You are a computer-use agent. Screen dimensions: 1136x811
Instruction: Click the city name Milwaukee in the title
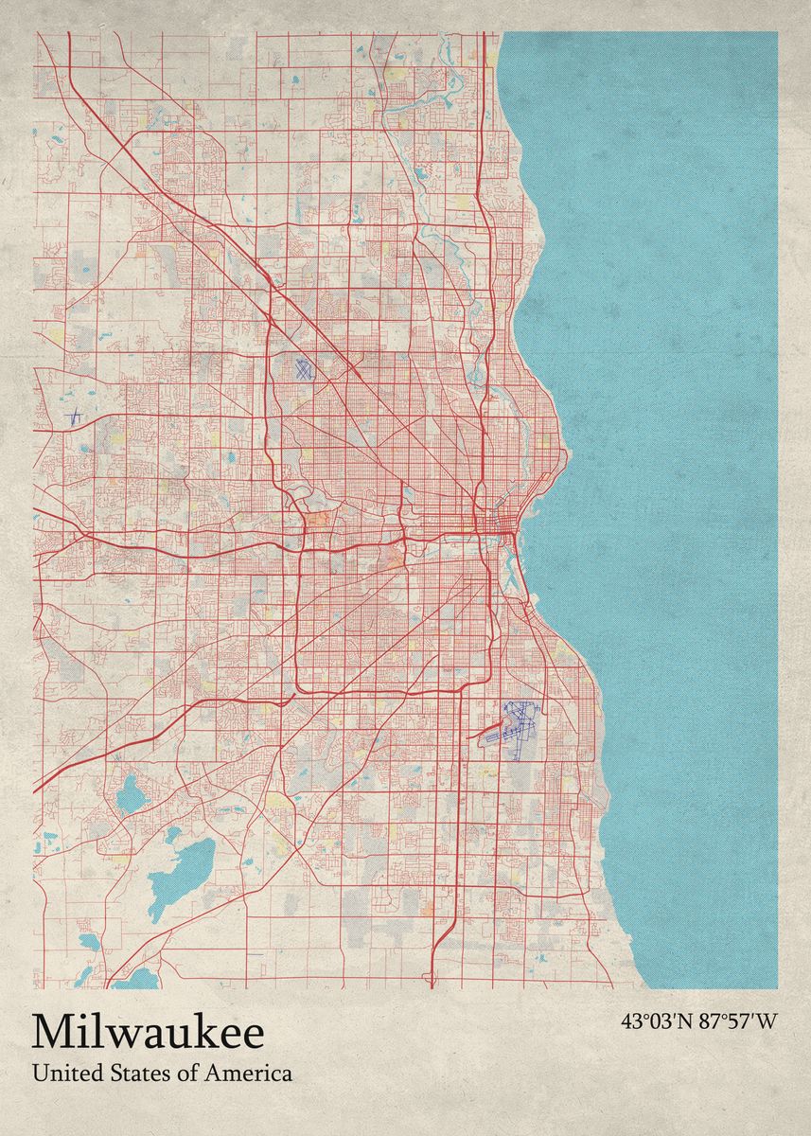149,1033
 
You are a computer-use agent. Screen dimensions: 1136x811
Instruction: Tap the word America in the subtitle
255,1074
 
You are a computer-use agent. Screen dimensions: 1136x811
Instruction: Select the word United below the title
62,1074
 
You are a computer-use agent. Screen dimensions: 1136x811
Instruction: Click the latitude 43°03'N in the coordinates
658,1021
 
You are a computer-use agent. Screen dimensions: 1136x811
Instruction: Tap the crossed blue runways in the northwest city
303,370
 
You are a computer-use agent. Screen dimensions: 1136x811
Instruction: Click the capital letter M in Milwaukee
52,1033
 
